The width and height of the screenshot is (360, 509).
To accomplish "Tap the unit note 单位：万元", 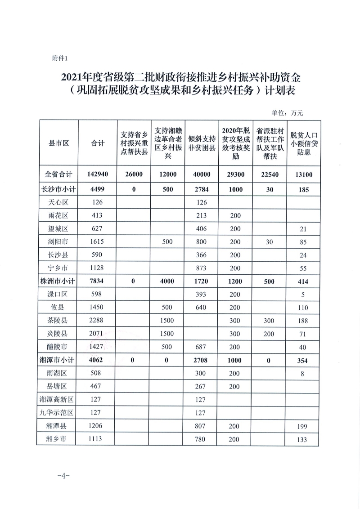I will (x=288, y=112).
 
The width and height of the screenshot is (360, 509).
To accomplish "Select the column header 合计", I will (x=98, y=143).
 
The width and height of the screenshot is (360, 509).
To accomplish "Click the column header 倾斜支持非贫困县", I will (x=202, y=143).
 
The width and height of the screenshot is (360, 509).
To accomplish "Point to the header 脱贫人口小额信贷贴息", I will (x=304, y=143).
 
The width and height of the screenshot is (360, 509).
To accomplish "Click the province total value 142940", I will (x=98, y=175).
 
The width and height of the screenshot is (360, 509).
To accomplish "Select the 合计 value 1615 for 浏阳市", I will (x=98, y=241).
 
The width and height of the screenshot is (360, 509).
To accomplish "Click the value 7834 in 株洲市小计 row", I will (x=98, y=281).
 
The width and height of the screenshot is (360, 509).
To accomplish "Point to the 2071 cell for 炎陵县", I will (x=98, y=334).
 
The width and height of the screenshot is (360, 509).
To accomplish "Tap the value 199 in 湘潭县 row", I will (x=303, y=426).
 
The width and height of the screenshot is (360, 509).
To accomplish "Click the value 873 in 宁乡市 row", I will (x=202, y=268).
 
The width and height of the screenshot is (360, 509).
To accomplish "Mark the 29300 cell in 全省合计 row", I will (x=235, y=175).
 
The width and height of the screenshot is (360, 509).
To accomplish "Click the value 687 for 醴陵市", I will (x=202, y=347).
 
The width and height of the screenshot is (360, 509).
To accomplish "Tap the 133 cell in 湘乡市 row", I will (x=303, y=439).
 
